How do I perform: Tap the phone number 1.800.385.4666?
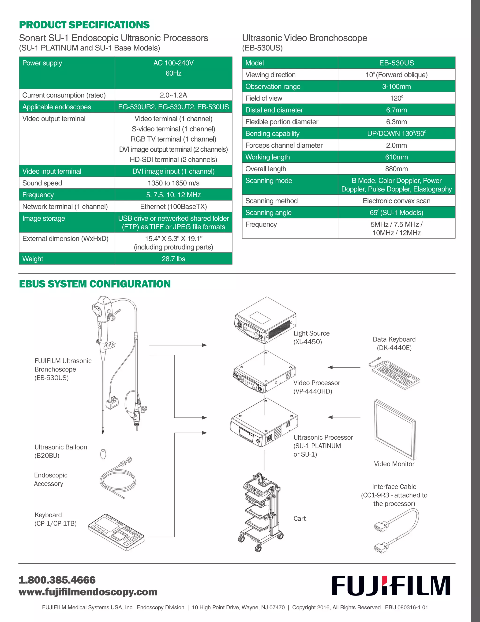[57, 580]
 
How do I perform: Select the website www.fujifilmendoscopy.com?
[88, 592]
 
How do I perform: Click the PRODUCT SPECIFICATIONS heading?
[84, 25]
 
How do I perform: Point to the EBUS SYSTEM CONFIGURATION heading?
[95, 284]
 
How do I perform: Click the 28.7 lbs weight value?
[173, 259]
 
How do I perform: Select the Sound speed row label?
[42, 183]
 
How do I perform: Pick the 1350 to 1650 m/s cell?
[173, 183]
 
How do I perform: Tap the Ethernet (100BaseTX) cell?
[173, 207]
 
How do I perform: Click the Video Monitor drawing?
[395, 430]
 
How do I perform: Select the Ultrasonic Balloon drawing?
[103, 454]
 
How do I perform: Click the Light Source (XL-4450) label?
[311, 338]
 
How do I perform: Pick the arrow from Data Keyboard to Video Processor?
[344, 367]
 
